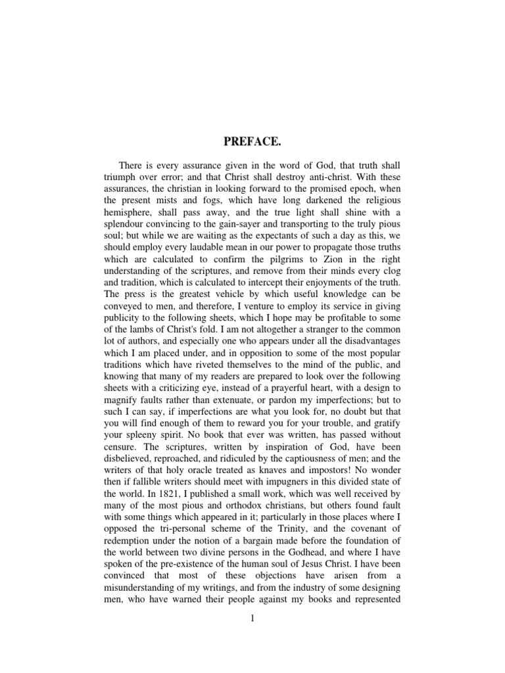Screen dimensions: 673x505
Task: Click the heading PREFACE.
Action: (252, 141)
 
